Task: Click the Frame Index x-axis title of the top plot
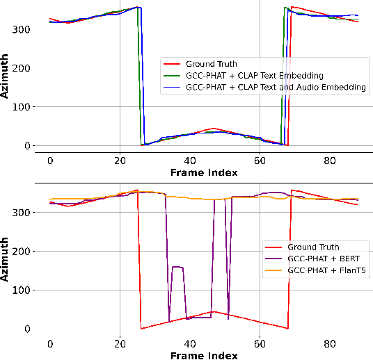[204, 172]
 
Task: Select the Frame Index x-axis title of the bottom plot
[204, 355]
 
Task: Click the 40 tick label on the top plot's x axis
[190, 160]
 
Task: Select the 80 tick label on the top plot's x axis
[330, 160]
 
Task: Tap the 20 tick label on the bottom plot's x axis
[120, 343]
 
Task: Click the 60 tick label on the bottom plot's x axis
[260, 343]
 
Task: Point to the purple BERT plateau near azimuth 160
[177, 267]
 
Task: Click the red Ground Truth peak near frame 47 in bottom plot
[214, 311]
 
